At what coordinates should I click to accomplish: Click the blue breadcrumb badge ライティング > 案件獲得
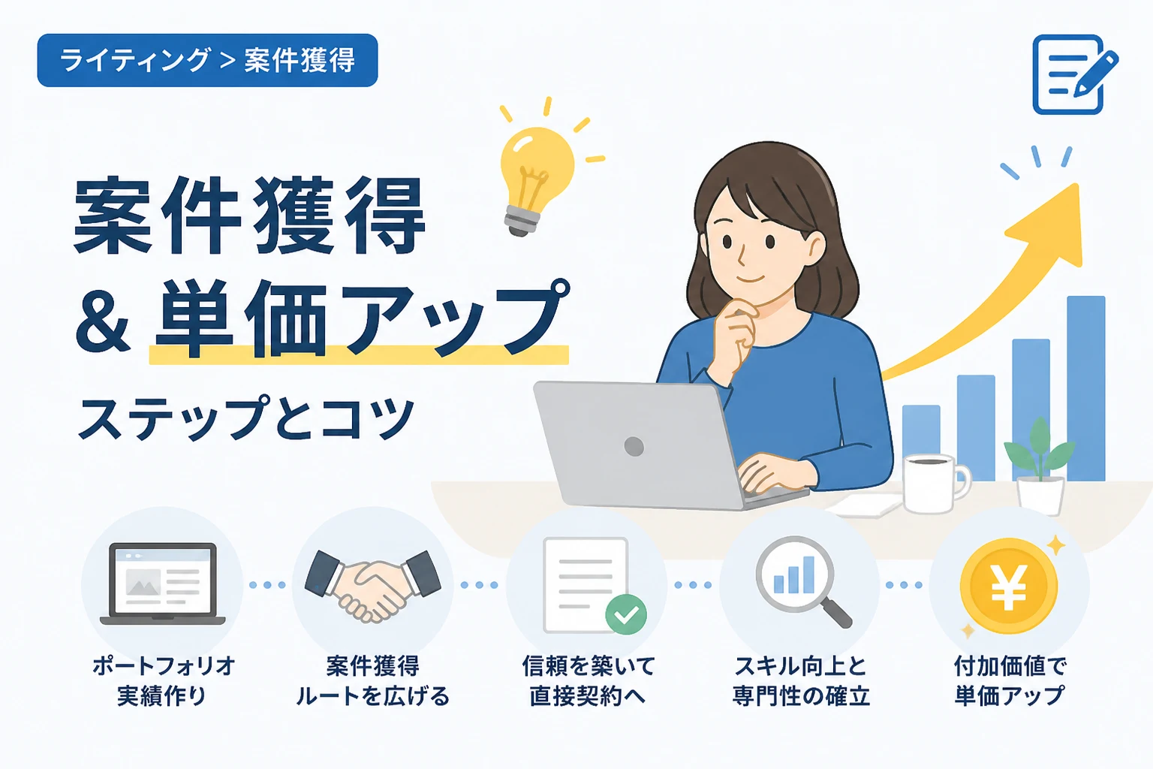tap(207, 60)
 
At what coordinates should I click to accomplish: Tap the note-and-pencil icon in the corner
tap(1075, 74)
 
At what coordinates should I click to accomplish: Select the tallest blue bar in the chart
tap(1086, 388)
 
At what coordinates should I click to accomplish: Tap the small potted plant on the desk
tap(1040, 466)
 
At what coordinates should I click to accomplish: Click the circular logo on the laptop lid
tap(634, 446)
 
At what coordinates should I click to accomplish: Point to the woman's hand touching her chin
tap(737, 335)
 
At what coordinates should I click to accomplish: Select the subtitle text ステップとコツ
tap(246, 418)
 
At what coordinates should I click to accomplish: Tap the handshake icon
tap(372, 585)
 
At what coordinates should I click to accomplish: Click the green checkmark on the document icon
tap(626, 614)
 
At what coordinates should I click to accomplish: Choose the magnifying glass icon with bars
tap(800, 580)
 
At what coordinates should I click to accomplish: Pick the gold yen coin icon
tap(1009, 587)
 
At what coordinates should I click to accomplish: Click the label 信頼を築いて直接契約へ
tap(588, 681)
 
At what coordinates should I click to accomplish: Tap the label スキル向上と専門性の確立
tap(801, 681)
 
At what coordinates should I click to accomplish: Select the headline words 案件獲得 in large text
tap(250, 216)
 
